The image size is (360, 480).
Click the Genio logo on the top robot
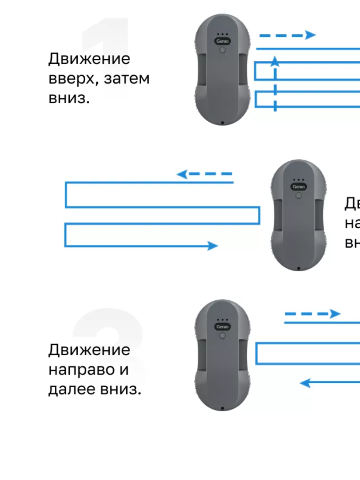223,41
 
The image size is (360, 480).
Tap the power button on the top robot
223,50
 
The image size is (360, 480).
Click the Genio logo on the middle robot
298,186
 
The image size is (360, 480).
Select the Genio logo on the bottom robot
223,326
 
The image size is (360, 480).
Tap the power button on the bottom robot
223,336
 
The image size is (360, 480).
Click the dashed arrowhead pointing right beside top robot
310,35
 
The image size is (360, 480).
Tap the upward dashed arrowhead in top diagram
275,61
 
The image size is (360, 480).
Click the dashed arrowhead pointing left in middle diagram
182,174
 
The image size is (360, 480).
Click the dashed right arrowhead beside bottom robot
335,314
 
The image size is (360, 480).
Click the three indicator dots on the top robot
223,34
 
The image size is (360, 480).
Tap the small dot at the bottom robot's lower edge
222,408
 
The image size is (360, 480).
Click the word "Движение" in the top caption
89,59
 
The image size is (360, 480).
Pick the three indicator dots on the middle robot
298,180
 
